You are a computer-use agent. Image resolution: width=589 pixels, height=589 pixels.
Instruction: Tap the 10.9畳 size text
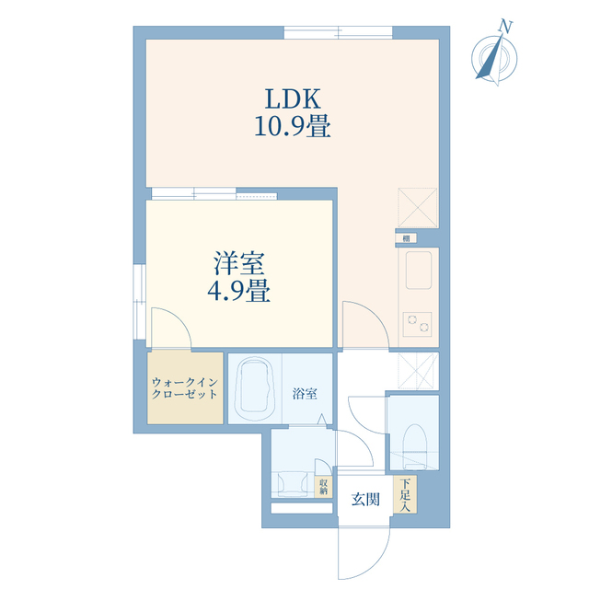coord(293,126)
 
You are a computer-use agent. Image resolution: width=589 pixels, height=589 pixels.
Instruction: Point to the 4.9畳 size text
coord(238,293)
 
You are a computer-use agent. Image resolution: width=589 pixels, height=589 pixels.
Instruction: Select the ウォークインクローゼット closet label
coord(185,387)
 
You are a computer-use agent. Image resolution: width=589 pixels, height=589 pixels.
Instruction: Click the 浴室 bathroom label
coord(306,394)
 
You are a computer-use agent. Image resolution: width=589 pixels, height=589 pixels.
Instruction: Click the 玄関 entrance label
coord(365,500)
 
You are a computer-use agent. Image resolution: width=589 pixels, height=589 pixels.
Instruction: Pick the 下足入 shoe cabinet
coord(405,494)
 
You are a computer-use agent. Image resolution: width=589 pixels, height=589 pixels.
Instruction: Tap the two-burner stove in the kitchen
coord(416,323)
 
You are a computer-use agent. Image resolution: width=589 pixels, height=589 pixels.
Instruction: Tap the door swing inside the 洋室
coord(169,329)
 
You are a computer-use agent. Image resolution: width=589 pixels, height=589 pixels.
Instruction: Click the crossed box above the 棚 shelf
coord(416,207)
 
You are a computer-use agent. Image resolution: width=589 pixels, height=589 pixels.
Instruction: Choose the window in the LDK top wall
coord(338,33)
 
